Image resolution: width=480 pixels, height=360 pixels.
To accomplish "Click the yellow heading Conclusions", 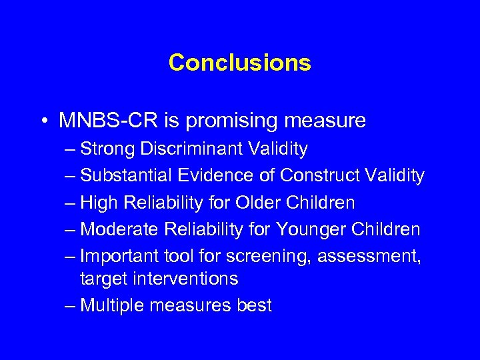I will tap(239, 63).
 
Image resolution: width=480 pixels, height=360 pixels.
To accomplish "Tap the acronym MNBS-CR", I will tap(102, 121).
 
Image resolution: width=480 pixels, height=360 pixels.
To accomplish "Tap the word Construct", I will tap(322, 176).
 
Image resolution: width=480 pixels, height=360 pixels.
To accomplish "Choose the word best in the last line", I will tap(254, 305).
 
